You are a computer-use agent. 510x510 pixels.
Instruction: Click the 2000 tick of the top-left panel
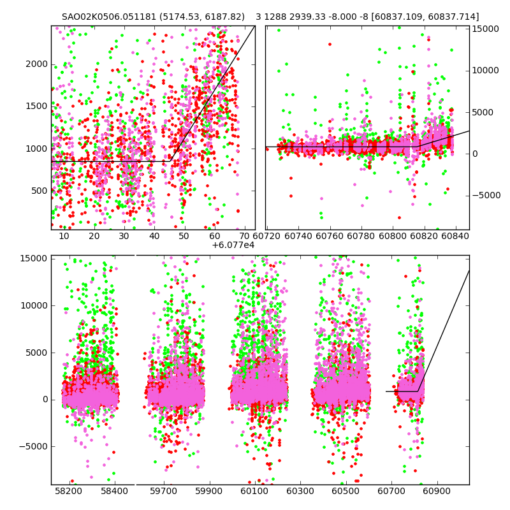pyautogui.click(x=37, y=64)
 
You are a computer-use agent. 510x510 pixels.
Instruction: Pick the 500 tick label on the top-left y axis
pyautogui.click(x=40, y=191)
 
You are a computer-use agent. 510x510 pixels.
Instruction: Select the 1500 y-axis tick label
pyautogui.click(x=37, y=106)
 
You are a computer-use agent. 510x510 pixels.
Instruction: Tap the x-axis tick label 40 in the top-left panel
pyautogui.click(x=154, y=237)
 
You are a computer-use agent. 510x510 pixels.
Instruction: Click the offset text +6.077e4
pyautogui.click(x=233, y=245)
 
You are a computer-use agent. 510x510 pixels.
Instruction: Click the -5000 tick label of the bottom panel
pyautogui.click(x=34, y=446)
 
